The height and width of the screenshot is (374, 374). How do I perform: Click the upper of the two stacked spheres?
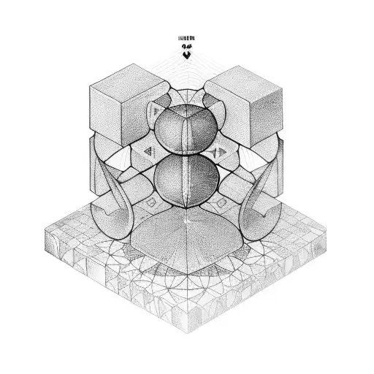click(186, 125)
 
